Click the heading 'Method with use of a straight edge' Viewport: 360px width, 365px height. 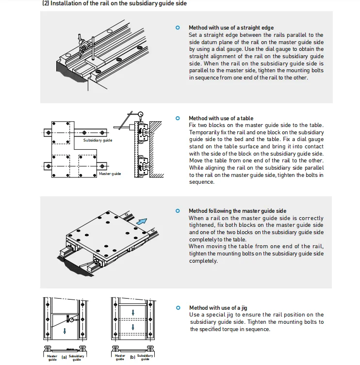coord(231,28)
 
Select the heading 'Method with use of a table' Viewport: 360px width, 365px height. coord(221,118)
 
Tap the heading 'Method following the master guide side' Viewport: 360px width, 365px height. coord(237,211)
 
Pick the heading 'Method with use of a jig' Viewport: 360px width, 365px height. coord(218,308)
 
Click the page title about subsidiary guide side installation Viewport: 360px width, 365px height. coord(115,4)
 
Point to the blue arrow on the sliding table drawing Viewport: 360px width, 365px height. coord(142,221)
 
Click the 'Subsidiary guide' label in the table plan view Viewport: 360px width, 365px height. coord(98,141)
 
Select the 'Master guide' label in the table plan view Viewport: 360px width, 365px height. coord(110,174)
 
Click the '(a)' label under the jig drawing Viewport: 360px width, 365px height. coord(64,357)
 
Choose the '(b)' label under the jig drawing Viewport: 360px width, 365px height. coord(132,357)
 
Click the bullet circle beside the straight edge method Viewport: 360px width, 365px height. coord(178,28)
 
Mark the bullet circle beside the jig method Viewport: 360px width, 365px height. coord(178,308)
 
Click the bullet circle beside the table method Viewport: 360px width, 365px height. coord(178,118)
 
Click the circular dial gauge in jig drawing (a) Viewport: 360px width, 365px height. coord(71,320)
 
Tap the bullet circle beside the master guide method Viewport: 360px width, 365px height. coord(178,211)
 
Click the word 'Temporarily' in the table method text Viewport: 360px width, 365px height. coord(205,132)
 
